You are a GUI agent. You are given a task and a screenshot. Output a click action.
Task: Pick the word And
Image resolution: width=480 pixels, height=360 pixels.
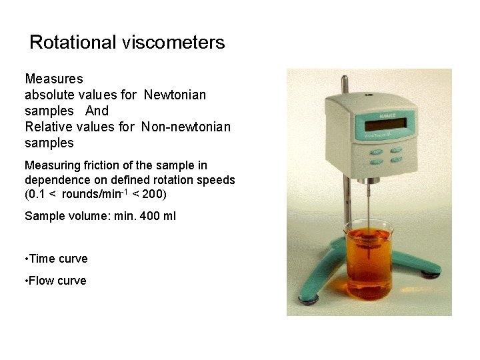pos(97,111)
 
